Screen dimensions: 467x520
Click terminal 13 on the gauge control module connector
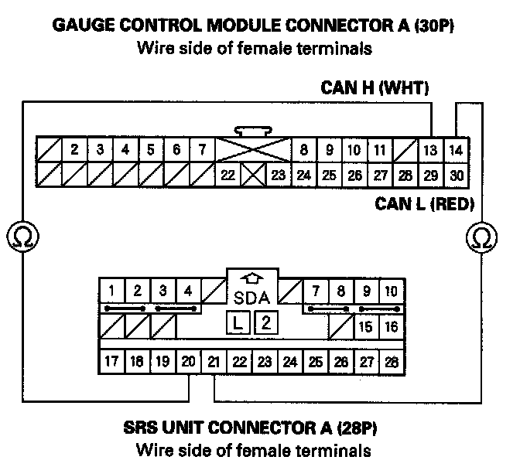[x=431, y=149]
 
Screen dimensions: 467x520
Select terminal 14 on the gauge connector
[x=457, y=149]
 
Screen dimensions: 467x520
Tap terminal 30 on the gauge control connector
[x=457, y=175]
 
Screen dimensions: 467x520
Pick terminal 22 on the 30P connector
[x=227, y=175]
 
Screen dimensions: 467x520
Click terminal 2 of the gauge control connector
[x=74, y=149]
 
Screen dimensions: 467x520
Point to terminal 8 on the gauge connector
[x=304, y=149]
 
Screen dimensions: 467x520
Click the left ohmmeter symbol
[x=18, y=236]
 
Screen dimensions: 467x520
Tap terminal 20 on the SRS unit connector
[x=188, y=360]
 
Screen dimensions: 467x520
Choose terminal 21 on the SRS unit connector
[x=214, y=360]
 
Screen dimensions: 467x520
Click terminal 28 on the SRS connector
[x=392, y=360]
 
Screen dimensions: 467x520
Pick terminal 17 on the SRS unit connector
[x=111, y=360]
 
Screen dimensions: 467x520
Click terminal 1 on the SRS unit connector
[x=112, y=291]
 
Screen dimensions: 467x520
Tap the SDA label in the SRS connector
[x=251, y=297]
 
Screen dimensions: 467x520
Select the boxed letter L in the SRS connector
[x=239, y=322]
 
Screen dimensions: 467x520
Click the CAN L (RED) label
[x=424, y=204]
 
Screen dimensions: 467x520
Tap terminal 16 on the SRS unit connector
[x=392, y=327]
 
